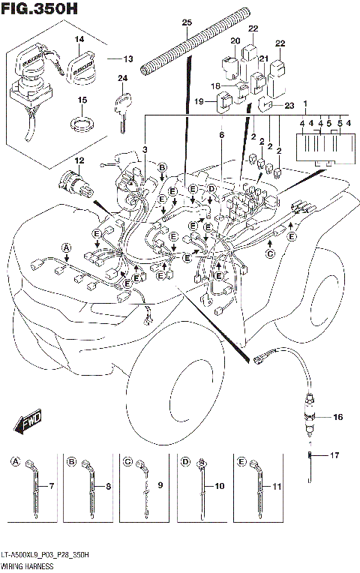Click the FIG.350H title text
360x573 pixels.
point(39,8)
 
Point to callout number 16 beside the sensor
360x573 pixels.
point(337,416)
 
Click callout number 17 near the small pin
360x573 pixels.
point(334,454)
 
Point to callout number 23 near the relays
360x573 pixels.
point(289,106)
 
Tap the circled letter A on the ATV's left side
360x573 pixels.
point(66,247)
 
